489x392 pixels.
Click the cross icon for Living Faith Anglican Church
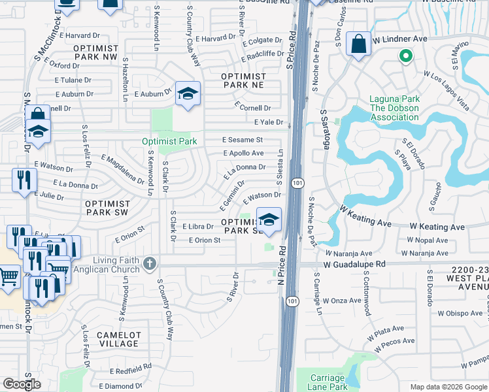150,264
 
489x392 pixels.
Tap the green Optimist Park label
170,141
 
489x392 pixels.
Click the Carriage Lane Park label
326,382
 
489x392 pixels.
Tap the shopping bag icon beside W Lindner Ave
358,45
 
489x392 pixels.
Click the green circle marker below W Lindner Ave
405,57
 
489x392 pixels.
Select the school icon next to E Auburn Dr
187,94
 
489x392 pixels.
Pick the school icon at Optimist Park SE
269,220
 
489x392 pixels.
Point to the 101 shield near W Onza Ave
292,301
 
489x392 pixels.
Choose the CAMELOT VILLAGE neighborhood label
118,339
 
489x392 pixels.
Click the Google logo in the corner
22,384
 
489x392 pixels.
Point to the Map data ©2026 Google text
448,387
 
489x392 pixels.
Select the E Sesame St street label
242,140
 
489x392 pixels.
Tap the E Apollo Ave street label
243,154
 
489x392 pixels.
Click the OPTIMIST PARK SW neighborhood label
108,208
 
